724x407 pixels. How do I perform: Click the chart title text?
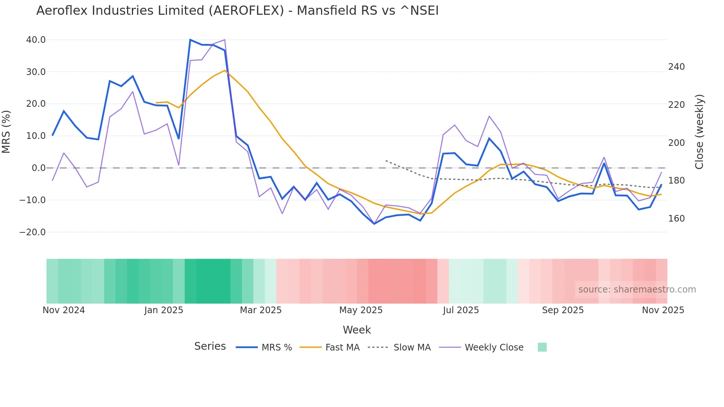pos(237,11)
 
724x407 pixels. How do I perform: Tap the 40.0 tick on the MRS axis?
pos(36,40)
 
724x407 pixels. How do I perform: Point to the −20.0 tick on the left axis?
pos(33,232)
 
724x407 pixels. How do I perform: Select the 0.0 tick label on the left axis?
pos(38,168)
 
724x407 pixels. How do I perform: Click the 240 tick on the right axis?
pos(676,67)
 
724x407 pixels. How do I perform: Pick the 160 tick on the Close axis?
pos(676,219)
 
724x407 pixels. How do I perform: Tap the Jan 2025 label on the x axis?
pos(164,310)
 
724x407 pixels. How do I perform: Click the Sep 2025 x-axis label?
pos(563,310)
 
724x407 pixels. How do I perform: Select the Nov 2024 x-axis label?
pos(64,310)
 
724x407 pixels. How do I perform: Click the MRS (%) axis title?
pos(6,131)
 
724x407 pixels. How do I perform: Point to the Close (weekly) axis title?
pos(699,131)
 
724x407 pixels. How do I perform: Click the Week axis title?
pos(356,330)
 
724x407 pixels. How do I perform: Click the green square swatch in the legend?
pos(542,347)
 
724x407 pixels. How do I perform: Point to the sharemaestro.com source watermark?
pos(637,290)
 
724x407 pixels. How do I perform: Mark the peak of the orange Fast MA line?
pos(225,71)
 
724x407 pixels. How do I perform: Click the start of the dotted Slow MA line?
pos(386,161)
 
